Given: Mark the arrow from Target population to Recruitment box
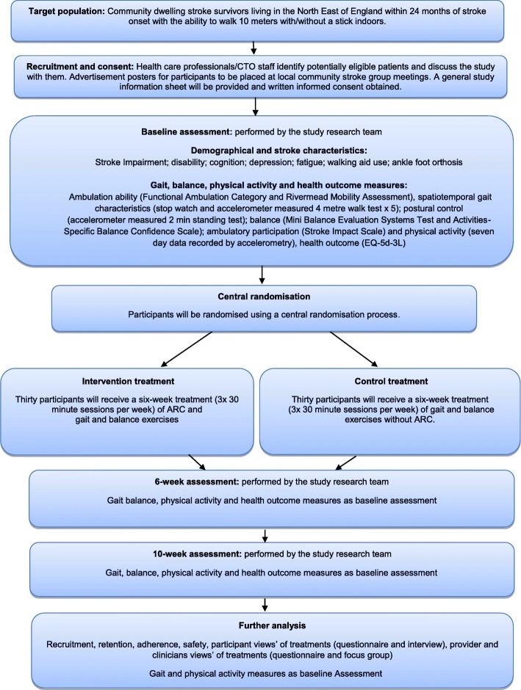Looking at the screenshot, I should (253, 46).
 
